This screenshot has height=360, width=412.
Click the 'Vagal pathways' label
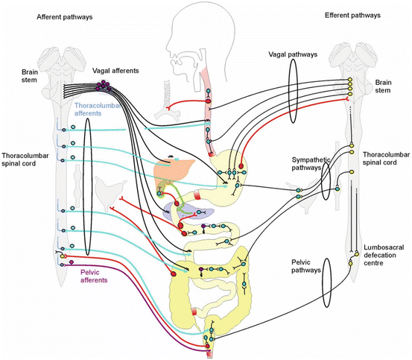[292, 56]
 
